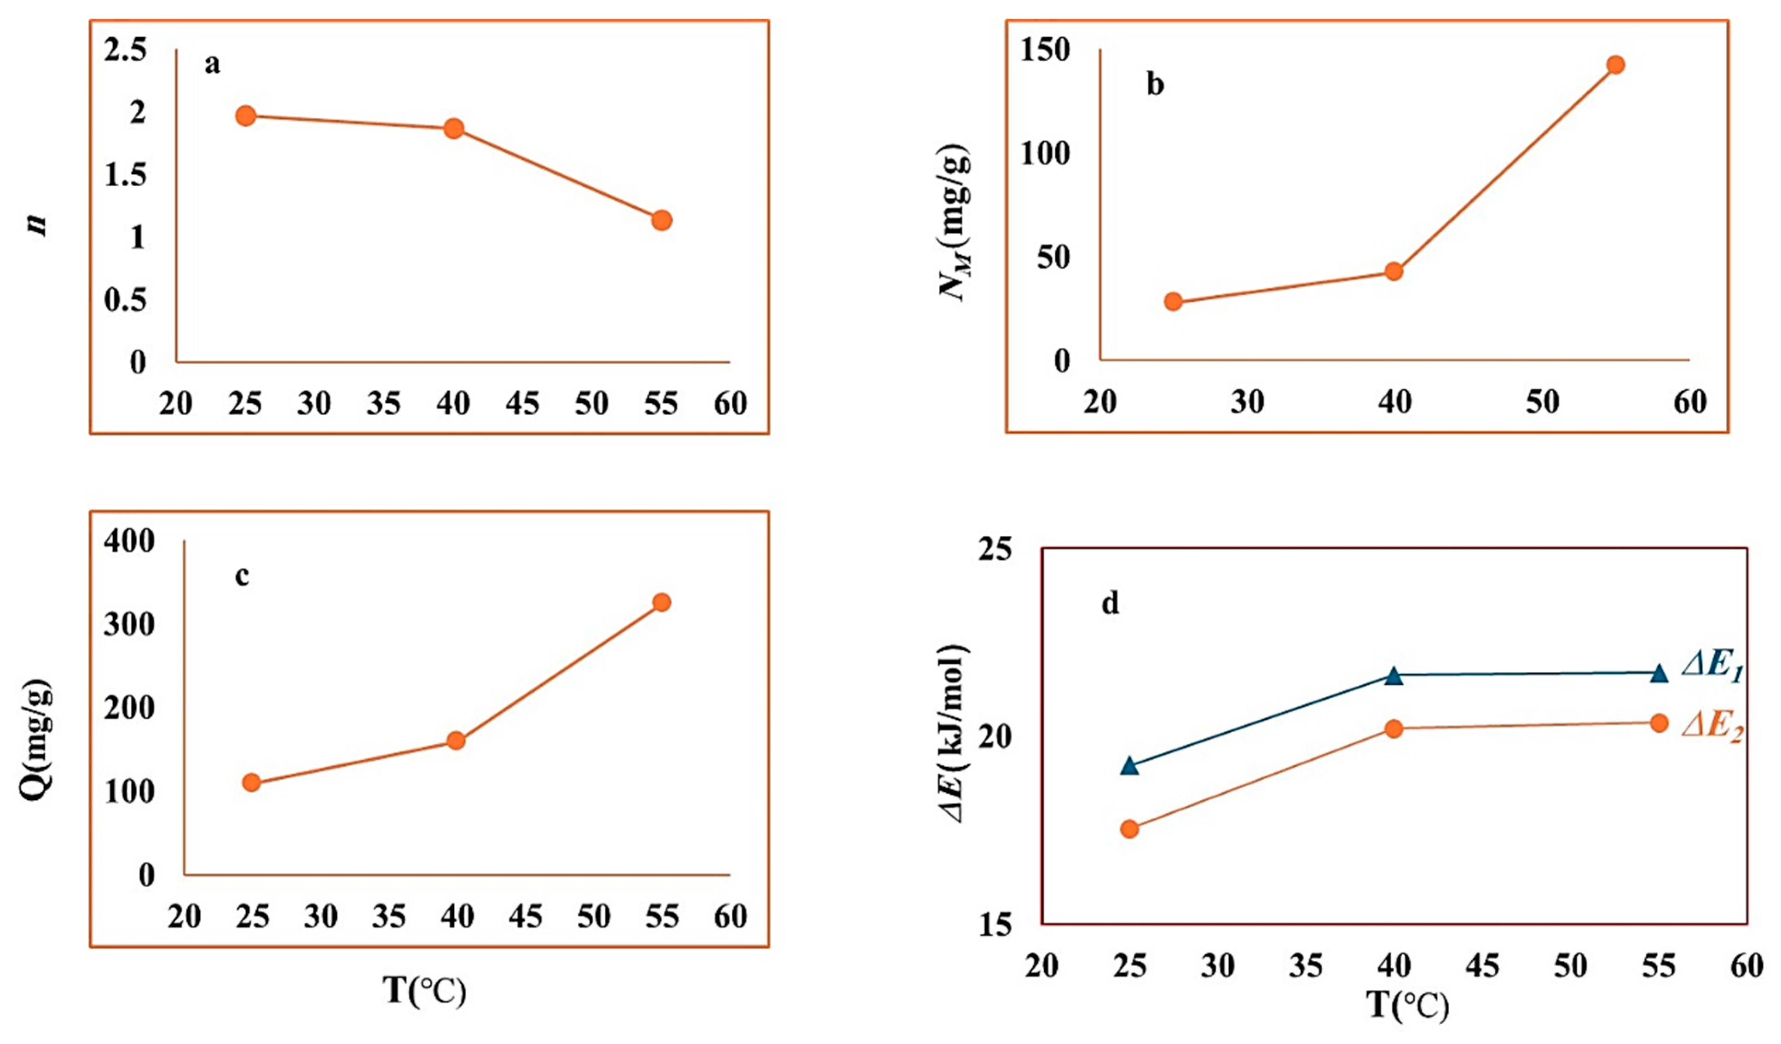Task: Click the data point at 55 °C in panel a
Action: pos(661,220)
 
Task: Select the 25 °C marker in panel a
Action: pos(245,116)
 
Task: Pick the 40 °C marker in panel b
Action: pos(1394,271)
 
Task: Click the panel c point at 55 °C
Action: pos(661,602)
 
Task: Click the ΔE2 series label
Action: pos(1712,726)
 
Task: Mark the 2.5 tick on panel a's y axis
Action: pos(126,51)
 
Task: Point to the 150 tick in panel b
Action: pos(1045,51)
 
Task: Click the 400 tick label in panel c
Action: pos(129,542)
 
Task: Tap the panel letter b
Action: pos(1155,85)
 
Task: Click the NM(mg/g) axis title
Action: pos(955,224)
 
